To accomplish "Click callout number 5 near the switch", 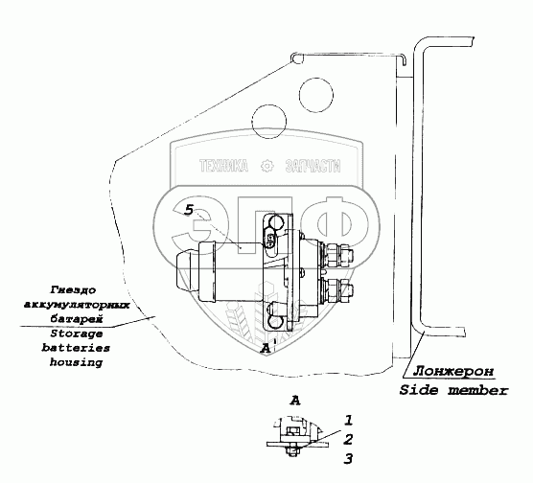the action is (x=189, y=210).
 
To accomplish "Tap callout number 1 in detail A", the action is (x=349, y=421).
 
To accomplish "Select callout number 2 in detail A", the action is (x=348, y=440).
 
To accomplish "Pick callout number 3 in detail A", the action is (x=348, y=458).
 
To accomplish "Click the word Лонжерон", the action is (x=453, y=371).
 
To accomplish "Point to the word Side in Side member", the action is (x=419, y=390).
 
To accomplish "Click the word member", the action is (x=478, y=390).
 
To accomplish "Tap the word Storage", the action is (x=77, y=333).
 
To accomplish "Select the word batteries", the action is (x=76, y=348).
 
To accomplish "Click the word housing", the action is (x=76, y=362).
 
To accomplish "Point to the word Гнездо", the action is (x=74, y=290).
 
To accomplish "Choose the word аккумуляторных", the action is (x=77, y=305).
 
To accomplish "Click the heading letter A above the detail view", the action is (x=295, y=401).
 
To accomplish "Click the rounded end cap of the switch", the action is (x=184, y=272).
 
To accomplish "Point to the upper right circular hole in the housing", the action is (x=316, y=95).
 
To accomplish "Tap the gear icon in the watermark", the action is (x=266, y=166).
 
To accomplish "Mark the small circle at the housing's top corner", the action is (x=297, y=58).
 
